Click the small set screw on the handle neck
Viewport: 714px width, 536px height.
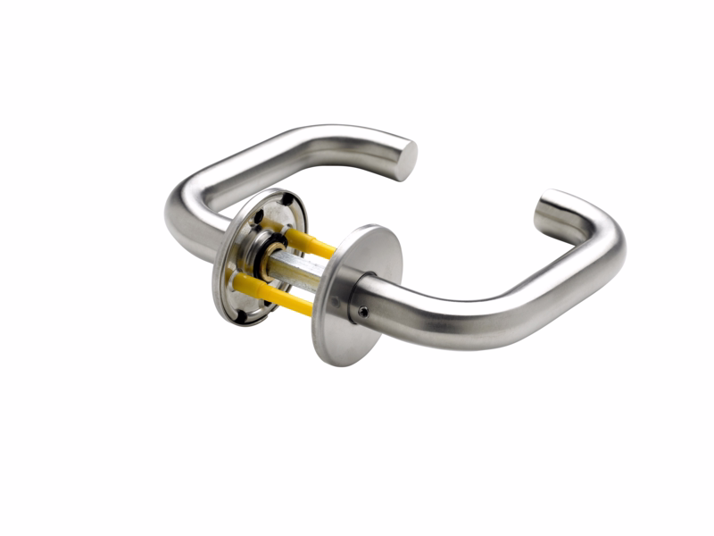pyautogui.click(x=363, y=312)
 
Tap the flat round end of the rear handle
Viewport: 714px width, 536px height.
pyautogui.click(x=406, y=159)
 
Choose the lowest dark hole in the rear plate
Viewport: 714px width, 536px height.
pyautogui.click(x=240, y=314)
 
